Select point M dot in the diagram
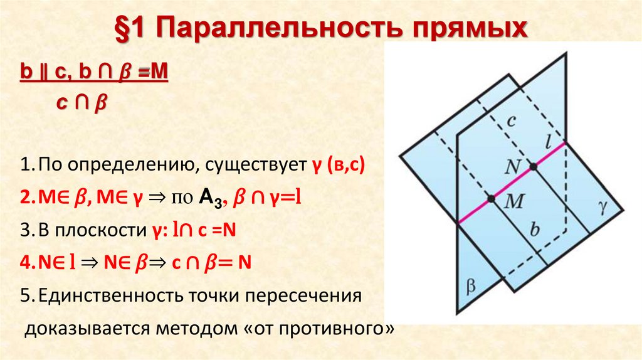point(491,199)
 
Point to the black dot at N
point(533,166)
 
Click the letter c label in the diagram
point(511,121)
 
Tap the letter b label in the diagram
point(534,229)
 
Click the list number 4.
point(24,263)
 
